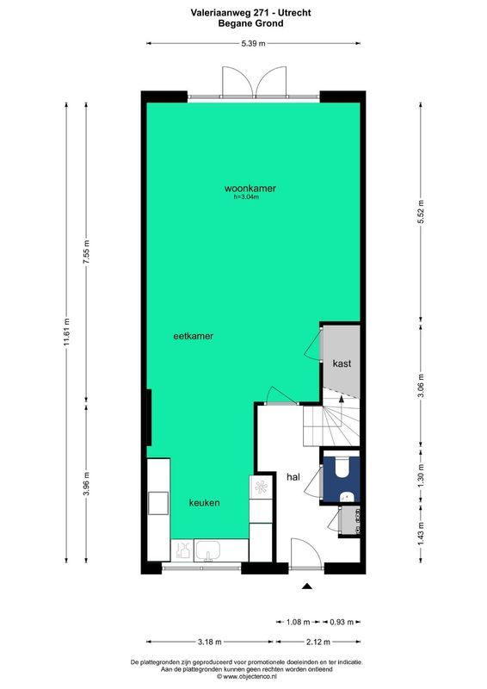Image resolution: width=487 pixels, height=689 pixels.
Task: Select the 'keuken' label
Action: coord(205,502)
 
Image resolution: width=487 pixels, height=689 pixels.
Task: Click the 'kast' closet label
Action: coord(342,363)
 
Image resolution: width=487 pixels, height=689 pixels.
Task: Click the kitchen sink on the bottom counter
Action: coord(209,549)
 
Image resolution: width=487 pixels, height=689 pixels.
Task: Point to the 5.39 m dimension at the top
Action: coord(253,42)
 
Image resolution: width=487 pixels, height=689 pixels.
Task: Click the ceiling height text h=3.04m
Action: coord(246,197)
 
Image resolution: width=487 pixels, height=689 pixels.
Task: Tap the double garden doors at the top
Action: coord(253,82)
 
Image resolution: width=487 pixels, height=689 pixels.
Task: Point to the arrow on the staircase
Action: coord(342,401)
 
